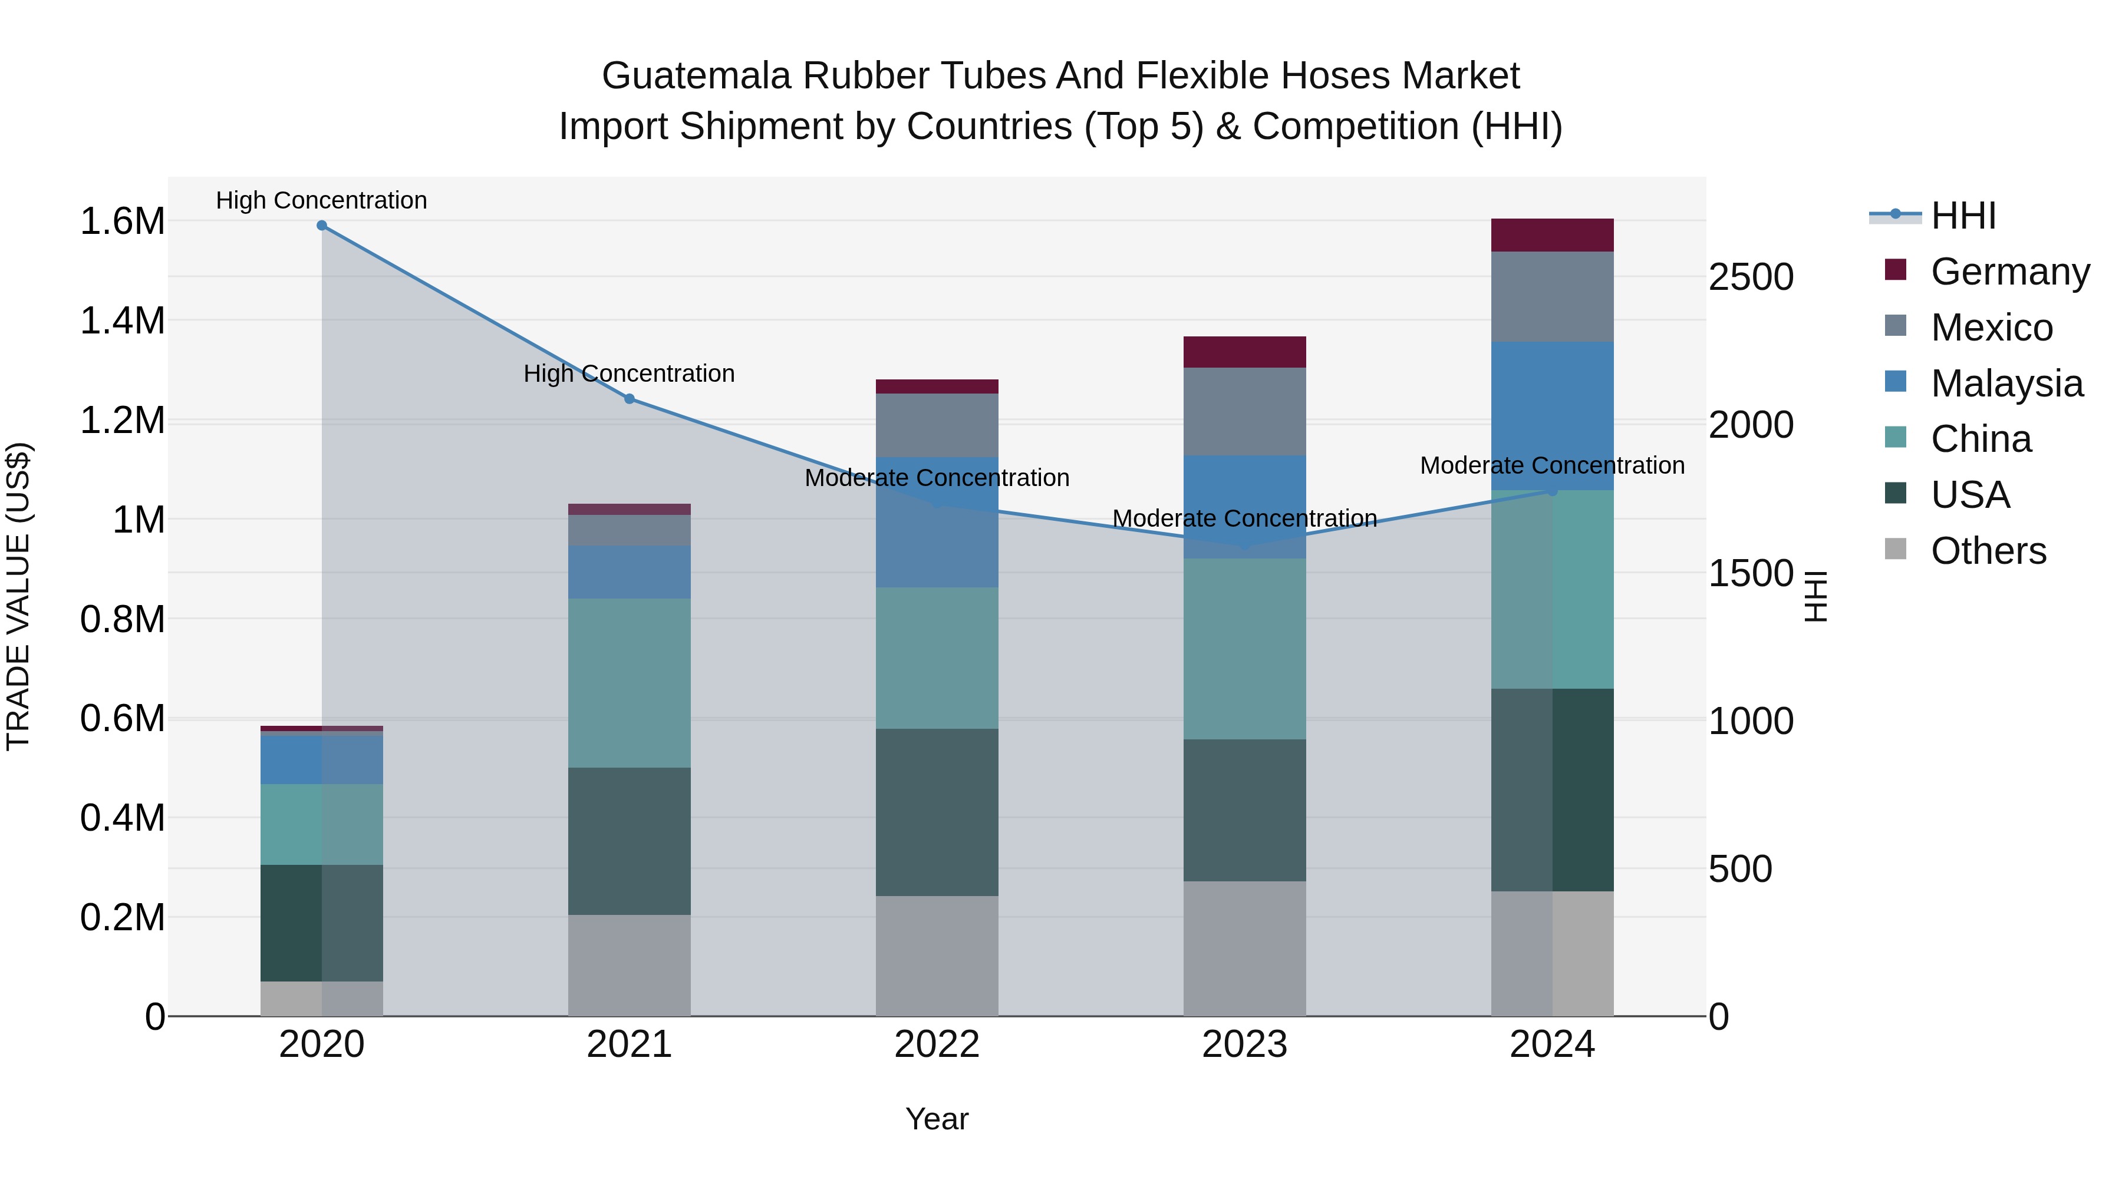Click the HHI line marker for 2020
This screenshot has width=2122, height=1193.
pos(322,226)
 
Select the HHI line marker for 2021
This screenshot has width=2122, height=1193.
pos(630,398)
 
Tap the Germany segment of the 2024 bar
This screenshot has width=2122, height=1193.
pos(1552,236)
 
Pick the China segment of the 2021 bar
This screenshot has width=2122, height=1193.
pos(630,683)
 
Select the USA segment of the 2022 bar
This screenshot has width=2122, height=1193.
pos(937,812)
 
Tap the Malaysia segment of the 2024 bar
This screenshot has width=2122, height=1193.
pos(1552,416)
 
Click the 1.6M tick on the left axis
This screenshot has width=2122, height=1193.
pos(122,222)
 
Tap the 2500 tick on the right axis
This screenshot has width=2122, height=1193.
pos(1751,277)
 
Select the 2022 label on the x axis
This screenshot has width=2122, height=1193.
pos(937,1045)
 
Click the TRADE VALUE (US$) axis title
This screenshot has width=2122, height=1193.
pos(18,596)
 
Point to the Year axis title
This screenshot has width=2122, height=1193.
pos(937,1119)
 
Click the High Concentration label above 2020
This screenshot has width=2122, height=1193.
pos(321,200)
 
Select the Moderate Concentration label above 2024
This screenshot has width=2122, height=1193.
pos(1552,465)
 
